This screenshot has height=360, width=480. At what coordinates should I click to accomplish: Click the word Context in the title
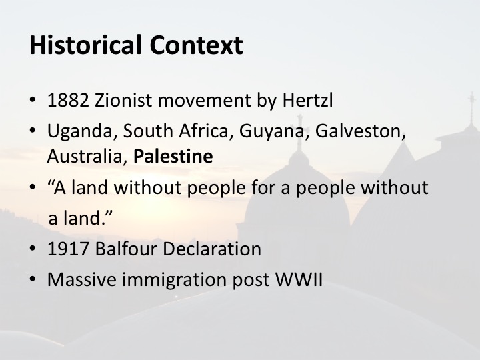[x=196, y=45]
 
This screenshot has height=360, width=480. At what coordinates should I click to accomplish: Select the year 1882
[x=68, y=100]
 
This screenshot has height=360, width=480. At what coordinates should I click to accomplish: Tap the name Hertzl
[x=307, y=100]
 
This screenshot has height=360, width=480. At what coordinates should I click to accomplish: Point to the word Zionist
[x=123, y=100]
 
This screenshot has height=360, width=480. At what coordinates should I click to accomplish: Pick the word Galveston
[x=360, y=131]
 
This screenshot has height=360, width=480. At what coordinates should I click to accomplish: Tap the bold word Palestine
[x=173, y=156]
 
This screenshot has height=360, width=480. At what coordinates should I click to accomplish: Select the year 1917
[x=68, y=249]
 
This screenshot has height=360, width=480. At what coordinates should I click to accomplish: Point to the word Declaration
[x=212, y=248]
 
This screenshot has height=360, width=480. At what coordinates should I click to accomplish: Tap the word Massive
[x=82, y=279]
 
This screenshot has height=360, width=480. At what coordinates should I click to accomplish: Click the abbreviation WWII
[x=299, y=279]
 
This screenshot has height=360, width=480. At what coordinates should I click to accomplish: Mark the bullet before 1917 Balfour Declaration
[x=33, y=248]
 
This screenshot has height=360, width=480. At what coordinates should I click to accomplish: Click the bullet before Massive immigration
[x=33, y=279]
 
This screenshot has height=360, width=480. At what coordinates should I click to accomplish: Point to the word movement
[x=204, y=101]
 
